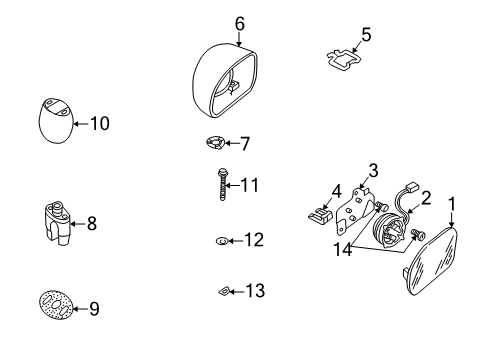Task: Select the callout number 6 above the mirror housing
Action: (x=240, y=24)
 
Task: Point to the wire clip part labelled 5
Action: (x=344, y=60)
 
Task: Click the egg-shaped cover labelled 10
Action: (x=55, y=121)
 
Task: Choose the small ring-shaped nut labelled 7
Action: (x=215, y=143)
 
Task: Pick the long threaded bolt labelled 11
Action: (x=222, y=184)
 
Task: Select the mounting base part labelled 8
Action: (x=57, y=223)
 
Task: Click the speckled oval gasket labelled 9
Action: (x=55, y=305)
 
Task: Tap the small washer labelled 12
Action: (x=222, y=241)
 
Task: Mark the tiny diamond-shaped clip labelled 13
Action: (x=224, y=291)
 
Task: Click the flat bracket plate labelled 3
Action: (x=353, y=210)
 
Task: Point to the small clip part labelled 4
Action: (x=320, y=215)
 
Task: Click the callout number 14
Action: (x=343, y=249)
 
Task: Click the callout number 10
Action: (x=99, y=123)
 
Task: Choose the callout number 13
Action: (x=255, y=291)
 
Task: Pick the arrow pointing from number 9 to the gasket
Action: (x=80, y=309)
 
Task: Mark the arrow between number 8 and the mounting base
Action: (x=78, y=224)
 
